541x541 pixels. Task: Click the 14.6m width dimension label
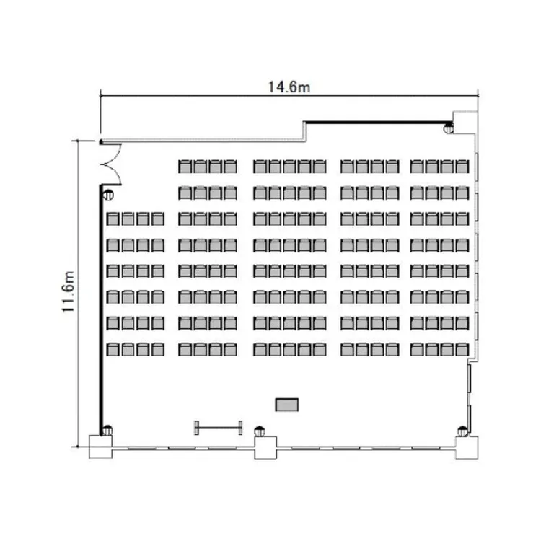click(289, 87)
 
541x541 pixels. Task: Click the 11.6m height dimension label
click(68, 291)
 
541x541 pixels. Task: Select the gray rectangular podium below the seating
click(286, 405)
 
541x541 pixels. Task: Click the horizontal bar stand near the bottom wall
click(218, 428)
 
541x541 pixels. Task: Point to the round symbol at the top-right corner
click(448, 128)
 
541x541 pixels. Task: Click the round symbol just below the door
click(108, 195)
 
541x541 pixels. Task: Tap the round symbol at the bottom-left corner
click(107, 430)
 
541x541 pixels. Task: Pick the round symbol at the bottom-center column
click(260, 431)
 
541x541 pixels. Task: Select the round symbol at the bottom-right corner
click(462, 431)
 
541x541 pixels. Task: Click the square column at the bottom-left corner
click(101, 447)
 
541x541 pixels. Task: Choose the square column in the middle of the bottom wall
click(265, 448)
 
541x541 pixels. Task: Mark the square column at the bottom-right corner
click(467, 448)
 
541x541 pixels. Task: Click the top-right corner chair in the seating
click(462, 167)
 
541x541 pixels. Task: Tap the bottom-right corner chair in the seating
click(462, 349)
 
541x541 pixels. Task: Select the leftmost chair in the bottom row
click(113, 349)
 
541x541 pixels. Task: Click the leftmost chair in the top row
click(185, 167)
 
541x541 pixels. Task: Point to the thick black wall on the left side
click(102, 309)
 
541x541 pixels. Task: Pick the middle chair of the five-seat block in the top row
click(289, 167)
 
